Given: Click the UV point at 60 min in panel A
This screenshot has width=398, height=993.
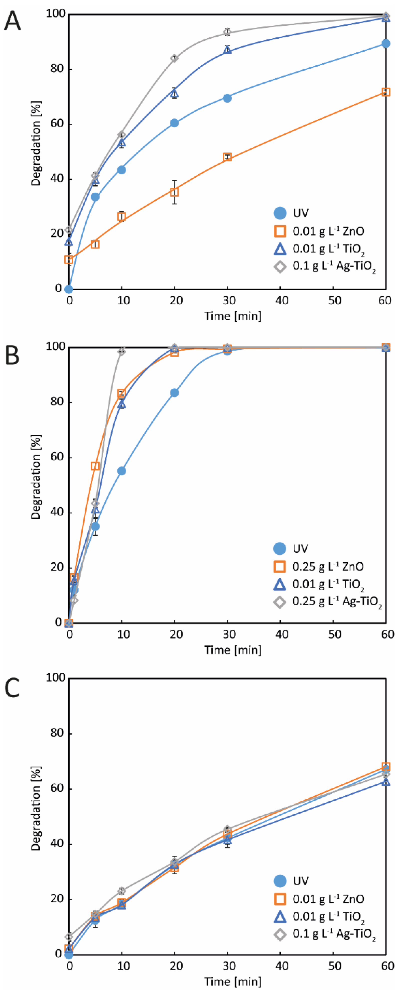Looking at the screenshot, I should [385, 44].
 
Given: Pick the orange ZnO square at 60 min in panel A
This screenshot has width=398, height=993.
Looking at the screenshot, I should [385, 92].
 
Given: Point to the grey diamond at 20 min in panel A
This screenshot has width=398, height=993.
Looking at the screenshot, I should [174, 58].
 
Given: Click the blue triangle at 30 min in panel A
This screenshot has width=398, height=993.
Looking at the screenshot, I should [227, 50].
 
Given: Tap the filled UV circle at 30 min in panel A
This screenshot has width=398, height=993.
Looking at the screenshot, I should [227, 98].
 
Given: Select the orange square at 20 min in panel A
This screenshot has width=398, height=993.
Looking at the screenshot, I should [174, 192].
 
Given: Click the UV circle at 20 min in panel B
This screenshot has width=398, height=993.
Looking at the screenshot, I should [174, 393].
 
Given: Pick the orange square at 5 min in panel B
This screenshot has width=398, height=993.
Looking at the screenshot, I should [95, 466].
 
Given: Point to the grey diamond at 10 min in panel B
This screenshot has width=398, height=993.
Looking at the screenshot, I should [122, 351].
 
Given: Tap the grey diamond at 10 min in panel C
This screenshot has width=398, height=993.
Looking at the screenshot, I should [122, 891].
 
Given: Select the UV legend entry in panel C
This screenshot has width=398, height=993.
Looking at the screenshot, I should [293, 881].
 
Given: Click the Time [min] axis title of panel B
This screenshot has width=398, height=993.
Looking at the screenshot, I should [233, 650].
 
